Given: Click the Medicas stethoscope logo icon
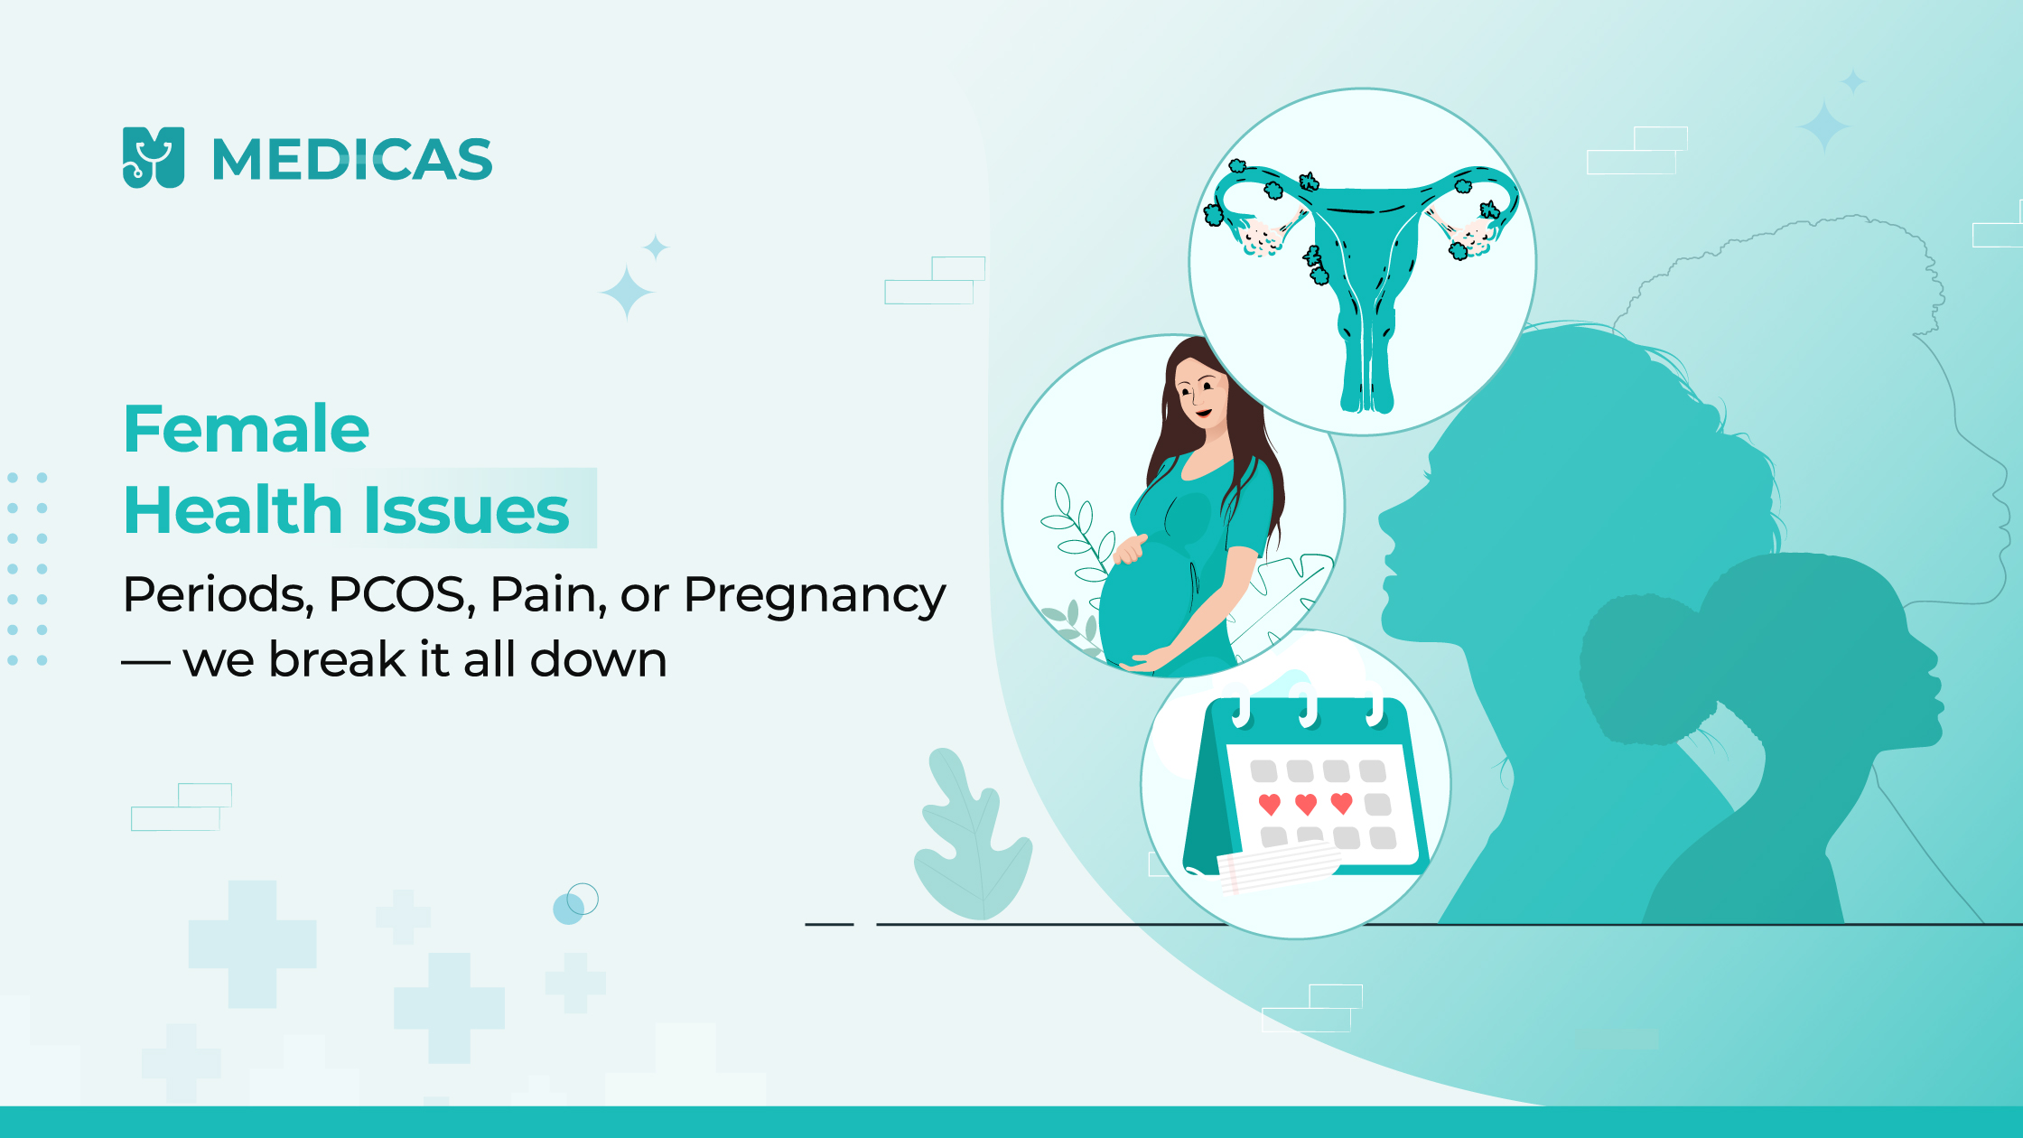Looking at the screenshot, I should pyautogui.click(x=154, y=157).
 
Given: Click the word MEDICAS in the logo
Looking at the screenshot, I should pyautogui.click(x=352, y=160).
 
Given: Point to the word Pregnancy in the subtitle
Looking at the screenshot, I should pyautogui.click(x=815, y=596).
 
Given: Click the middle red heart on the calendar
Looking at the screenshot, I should pyautogui.click(x=1306, y=803).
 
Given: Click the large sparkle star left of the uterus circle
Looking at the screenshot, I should pyautogui.click(x=627, y=293).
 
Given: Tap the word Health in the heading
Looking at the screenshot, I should pyautogui.click(x=233, y=510).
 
